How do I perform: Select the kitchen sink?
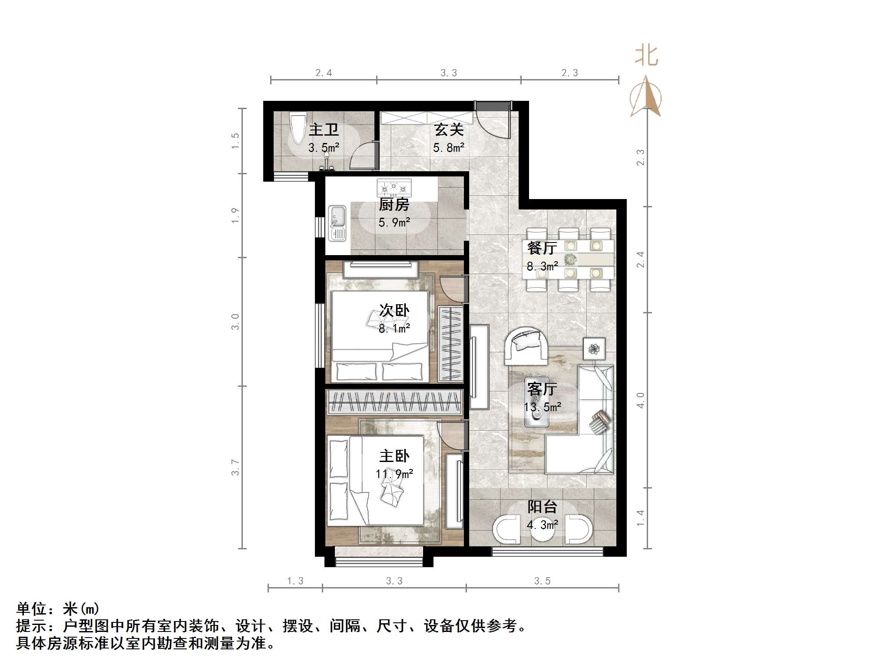point(337,223)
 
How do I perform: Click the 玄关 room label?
point(449,130)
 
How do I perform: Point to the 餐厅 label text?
point(542,248)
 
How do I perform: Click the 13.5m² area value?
point(543,407)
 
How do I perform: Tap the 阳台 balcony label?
point(542,507)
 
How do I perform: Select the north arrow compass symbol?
point(646,97)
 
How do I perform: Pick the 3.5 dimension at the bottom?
point(542,581)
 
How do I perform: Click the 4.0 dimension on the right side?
point(640,400)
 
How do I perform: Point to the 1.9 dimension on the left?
point(235,216)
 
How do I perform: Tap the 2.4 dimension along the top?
point(324,73)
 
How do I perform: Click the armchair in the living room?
point(525,346)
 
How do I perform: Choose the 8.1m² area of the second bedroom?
point(394,329)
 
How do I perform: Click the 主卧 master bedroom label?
point(394,456)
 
